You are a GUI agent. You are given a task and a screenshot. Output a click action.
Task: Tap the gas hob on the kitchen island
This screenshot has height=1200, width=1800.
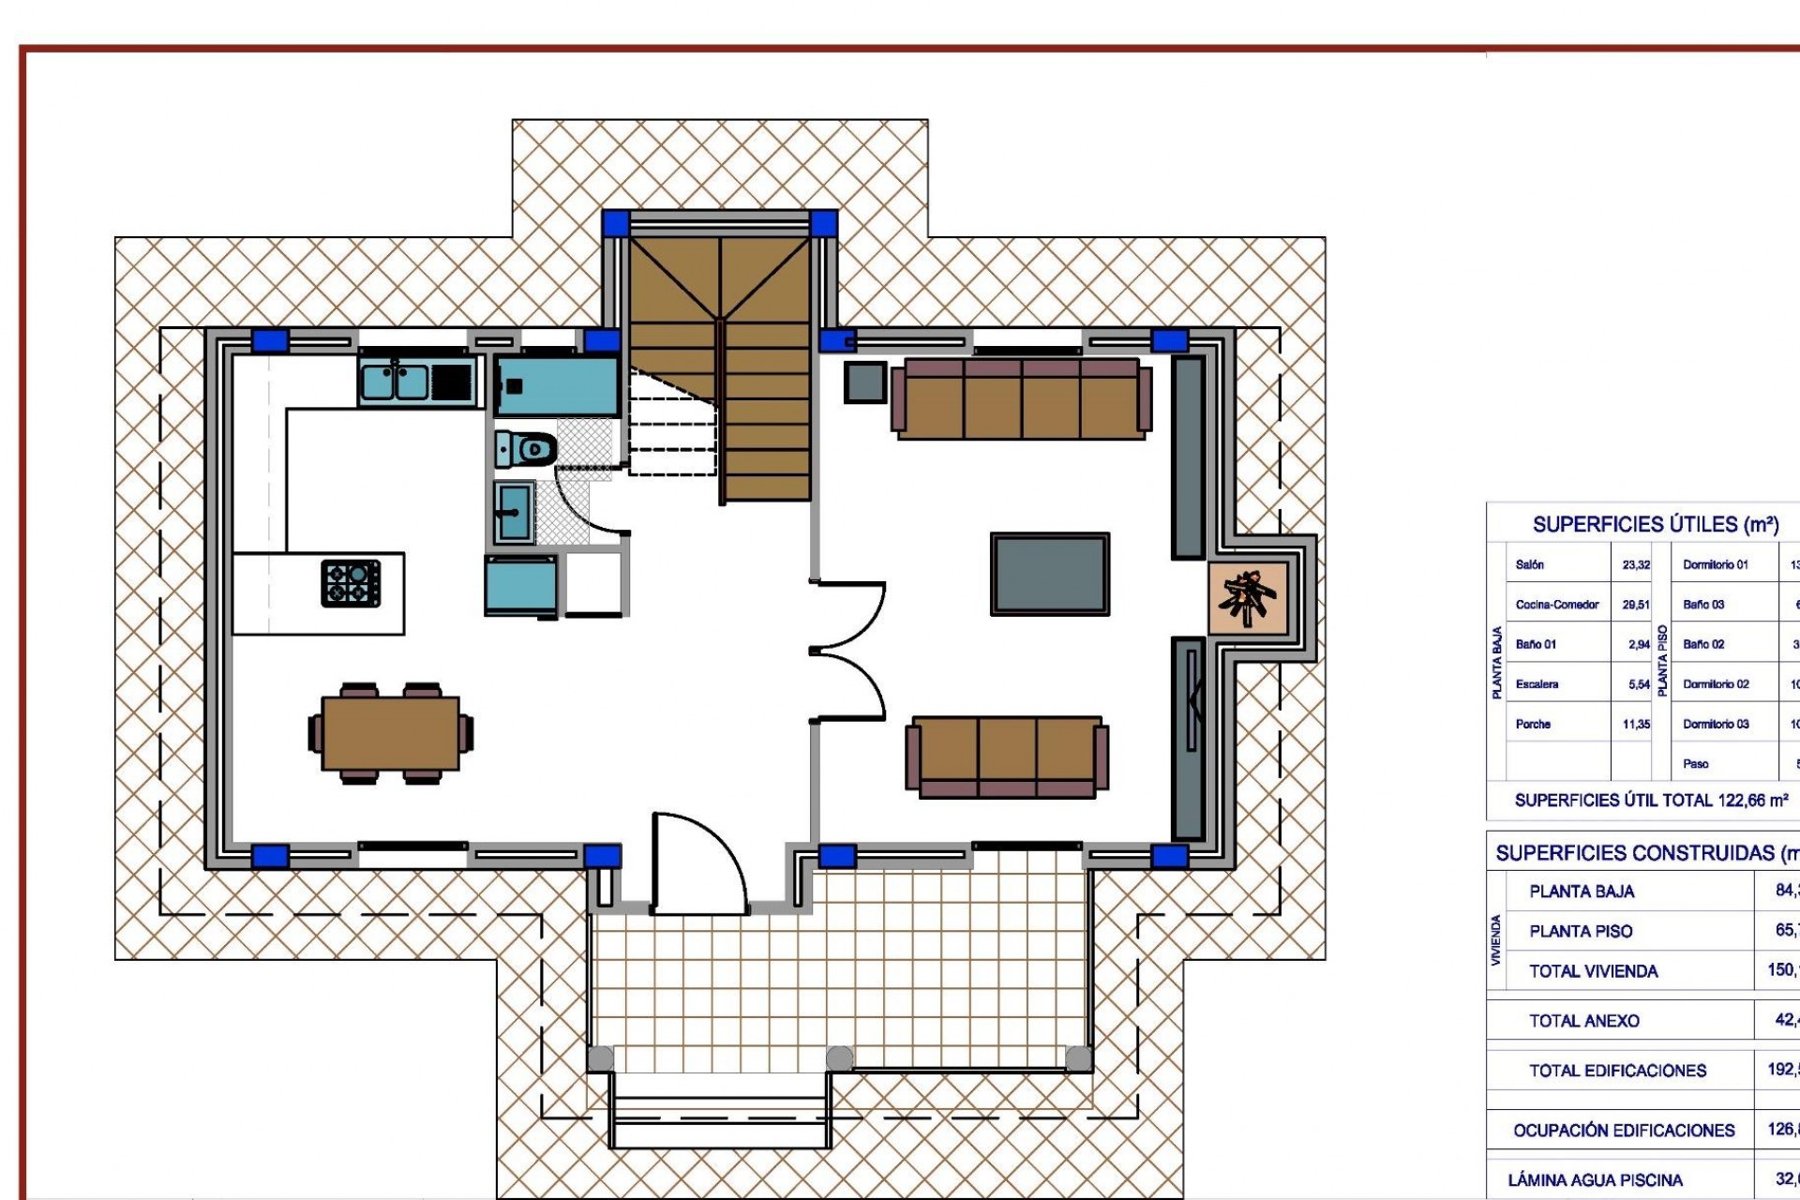pyautogui.click(x=351, y=582)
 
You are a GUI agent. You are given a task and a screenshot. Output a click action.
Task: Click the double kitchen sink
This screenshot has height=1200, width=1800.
pyautogui.click(x=395, y=382)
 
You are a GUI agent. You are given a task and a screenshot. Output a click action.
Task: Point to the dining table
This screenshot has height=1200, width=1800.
pyautogui.click(x=390, y=733)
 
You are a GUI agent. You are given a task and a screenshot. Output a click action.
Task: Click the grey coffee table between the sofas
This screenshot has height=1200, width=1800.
pyautogui.click(x=1050, y=574)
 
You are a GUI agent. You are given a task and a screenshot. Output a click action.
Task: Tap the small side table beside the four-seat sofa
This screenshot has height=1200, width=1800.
pyautogui.click(x=864, y=382)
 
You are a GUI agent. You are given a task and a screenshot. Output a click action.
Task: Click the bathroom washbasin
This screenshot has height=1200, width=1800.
pyautogui.click(x=514, y=512)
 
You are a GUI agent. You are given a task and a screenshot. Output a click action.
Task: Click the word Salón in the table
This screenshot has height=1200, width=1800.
pyautogui.click(x=1529, y=565)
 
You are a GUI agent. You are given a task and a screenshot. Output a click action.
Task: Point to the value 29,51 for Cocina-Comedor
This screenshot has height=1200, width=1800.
pyautogui.click(x=1636, y=605)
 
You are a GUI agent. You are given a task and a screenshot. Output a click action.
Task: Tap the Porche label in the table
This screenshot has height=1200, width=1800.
pyautogui.click(x=1533, y=725)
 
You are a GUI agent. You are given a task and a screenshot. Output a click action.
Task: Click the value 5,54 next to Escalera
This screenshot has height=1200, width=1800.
pyautogui.click(x=1639, y=684)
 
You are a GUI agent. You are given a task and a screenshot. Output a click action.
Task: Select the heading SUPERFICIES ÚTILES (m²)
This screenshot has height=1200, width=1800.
pyautogui.click(x=1656, y=525)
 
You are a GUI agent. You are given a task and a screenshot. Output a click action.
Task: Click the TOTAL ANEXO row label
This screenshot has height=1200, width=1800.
pyautogui.click(x=1583, y=1021)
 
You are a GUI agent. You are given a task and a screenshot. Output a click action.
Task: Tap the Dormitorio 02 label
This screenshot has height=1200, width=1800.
pyautogui.click(x=1716, y=684)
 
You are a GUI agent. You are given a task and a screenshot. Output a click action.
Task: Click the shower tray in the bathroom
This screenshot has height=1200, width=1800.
pyautogui.click(x=556, y=385)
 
